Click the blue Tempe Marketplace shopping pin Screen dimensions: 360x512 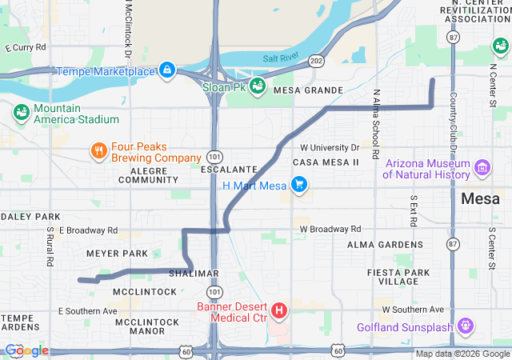(x=167, y=71)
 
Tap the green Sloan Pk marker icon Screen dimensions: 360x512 (x=257, y=86)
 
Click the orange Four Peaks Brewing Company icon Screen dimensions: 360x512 (x=98, y=151)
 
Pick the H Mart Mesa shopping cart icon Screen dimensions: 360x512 (x=299, y=186)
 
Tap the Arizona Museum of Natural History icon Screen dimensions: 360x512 (x=483, y=169)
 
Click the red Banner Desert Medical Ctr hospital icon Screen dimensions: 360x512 (x=279, y=310)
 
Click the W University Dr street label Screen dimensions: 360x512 (x=330, y=148)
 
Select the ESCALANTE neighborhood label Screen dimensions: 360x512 (x=230, y=170)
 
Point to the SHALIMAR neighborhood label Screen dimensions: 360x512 (x=194, y=273)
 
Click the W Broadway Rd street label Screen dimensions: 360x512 (x=330, y=229)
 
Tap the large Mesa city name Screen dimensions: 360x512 (x=481, y=198)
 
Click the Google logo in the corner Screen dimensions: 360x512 (x=26, y=350)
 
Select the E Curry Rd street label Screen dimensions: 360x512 (x=26, y=48)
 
